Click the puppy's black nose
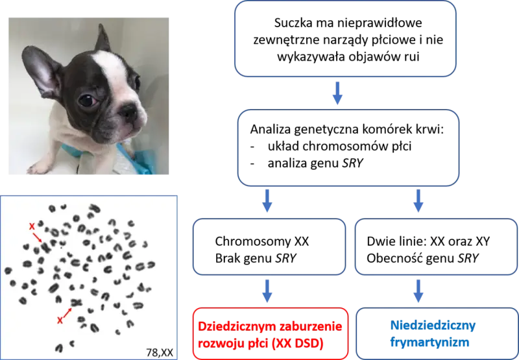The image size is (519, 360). tap(128, 112)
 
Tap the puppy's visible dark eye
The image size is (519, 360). tap(87, 100)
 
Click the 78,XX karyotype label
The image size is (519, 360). tap(160, 352)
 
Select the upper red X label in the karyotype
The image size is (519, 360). tap(32, 226)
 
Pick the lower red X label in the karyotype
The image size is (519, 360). tap(60, 320)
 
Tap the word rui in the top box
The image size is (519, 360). tap(412, 56)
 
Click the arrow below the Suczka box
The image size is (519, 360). tap(337, 93)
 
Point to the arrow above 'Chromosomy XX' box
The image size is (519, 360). tap(267, 200)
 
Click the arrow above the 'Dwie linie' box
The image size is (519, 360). tap(418, 200)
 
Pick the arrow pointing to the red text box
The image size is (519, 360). tap(267, 291)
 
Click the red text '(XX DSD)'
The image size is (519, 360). tap(297, 343)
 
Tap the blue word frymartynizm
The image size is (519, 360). tap(429, 342)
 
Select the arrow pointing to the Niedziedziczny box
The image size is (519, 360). tap(418, 291)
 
